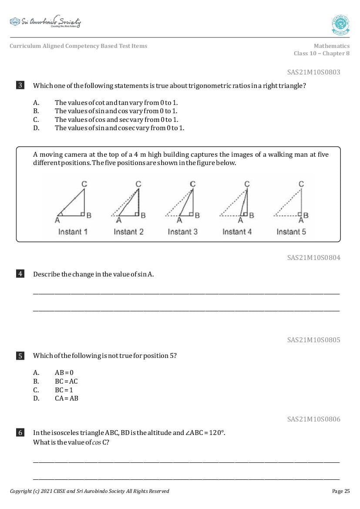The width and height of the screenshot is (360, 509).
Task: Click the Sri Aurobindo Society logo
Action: pyautogui.click(x=45, y=22)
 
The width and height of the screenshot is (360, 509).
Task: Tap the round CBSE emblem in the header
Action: pyautogui.click(x=340, y=24)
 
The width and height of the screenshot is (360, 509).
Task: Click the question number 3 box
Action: pyautogui.click(x=20, y=85)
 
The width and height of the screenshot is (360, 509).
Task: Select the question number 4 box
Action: pyautogui.click(x=20, y=274)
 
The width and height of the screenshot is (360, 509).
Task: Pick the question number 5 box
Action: pyautogui.click(x=20, y=356)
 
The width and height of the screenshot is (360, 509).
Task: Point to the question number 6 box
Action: pyautogui.click(x=20, y=432)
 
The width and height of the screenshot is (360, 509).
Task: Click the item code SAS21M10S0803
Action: pyautogui.click(x=313, y=72)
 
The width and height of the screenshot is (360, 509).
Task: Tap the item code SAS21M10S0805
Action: pyautogui.click(x=313, y=340)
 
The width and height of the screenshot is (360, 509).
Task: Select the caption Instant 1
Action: pyautogui.click(x=73, y=232)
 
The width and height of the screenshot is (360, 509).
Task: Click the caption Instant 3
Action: pyautogui.click(x=182, y=232)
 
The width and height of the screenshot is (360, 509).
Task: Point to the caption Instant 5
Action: pyautogui.click(x=291, y=232)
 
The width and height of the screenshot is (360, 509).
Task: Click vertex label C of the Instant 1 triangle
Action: pyautogui.click(x=84, y=184)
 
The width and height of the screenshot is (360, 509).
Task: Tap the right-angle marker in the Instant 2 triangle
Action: pyautogui.click(x=138, y=214)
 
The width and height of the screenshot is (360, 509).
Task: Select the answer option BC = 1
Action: pyautogui.click(x=64, y=390)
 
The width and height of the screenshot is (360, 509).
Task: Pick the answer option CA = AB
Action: pyautogui.click(x=67, y=398)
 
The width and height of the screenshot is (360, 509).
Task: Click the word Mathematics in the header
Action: pyautogui.click(x=331, y=46)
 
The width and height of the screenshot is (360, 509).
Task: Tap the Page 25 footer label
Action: pyautogui.click(x=340, y=491)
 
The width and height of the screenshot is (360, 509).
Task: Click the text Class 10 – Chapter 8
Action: pyautogui.click(x=321, y=54)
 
